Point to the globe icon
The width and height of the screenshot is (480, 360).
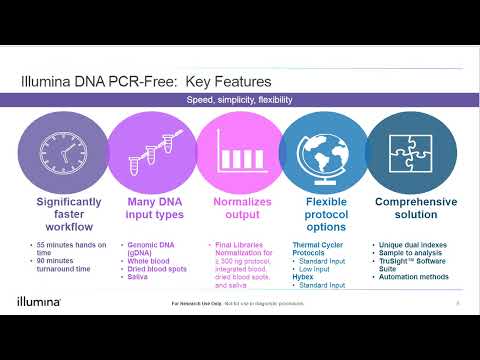(x=327, y=150)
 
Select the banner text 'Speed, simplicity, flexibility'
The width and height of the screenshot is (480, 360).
(x=240, y=100)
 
